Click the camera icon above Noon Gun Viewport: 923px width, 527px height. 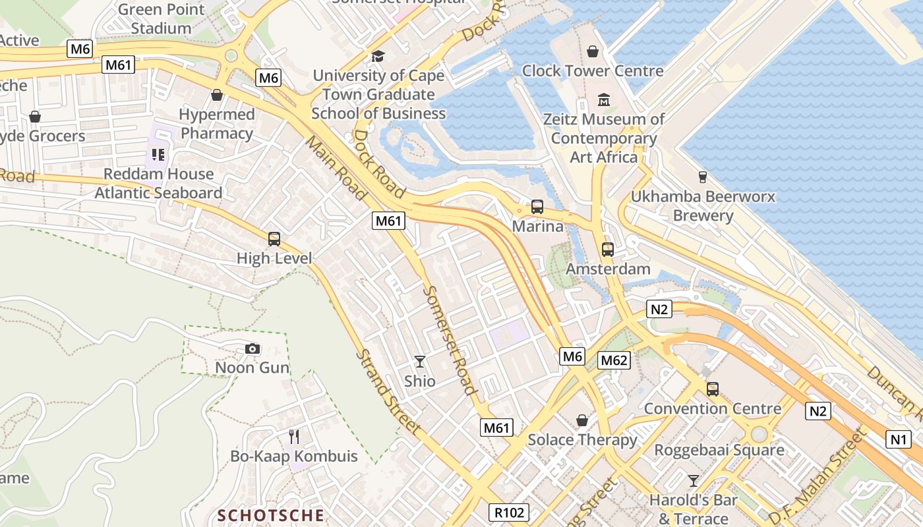point(252,348)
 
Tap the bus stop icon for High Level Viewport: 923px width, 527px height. point(274,239)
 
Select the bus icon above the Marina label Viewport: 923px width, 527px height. point(537,207)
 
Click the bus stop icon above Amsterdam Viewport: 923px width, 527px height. point(607,250)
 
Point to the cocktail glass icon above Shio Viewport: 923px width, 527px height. point(419,361)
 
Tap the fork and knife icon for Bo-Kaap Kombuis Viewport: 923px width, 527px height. point(294,436)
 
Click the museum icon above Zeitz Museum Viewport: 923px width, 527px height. point(603,100)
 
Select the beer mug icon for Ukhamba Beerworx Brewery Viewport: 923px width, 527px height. point(702,177)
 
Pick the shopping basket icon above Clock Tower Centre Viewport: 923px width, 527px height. point(593,51)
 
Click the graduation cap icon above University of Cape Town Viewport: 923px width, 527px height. point(378,57)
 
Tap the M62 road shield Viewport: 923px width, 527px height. point(614,360)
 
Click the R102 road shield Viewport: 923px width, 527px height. point(509,512)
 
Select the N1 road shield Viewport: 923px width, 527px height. point(898,439)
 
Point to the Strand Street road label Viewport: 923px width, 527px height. point(388,391)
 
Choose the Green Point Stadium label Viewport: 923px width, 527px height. point(161,19)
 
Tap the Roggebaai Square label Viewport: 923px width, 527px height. point(719,451)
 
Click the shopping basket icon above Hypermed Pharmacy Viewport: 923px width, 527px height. point(216,95)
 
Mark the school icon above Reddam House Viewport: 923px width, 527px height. point(158,155)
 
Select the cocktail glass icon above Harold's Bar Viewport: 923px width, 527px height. point(693,480)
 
